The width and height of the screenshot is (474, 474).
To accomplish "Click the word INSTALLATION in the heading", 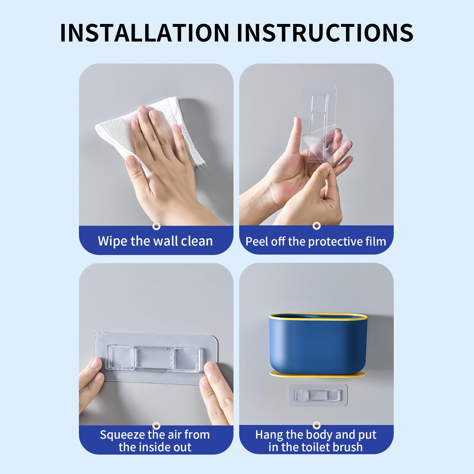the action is click(145, 33).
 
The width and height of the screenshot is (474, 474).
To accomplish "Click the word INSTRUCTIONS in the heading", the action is click(325, 33).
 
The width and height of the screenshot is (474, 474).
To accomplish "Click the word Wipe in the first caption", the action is click(113, 241).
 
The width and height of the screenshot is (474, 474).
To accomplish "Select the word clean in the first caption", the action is click(197, 241).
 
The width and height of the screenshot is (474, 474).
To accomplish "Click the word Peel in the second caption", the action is click(256, 241).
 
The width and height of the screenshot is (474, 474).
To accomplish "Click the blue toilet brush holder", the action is click(318, 344).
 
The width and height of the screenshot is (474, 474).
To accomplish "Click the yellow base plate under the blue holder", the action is click(317, 375).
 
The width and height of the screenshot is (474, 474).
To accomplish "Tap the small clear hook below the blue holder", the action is click(317, 395).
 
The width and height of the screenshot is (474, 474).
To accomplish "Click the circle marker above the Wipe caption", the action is click(157, 226).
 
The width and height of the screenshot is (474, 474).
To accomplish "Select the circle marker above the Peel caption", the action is click(317, 226).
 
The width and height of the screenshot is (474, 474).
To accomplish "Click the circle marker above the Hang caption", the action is click(317, 425).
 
